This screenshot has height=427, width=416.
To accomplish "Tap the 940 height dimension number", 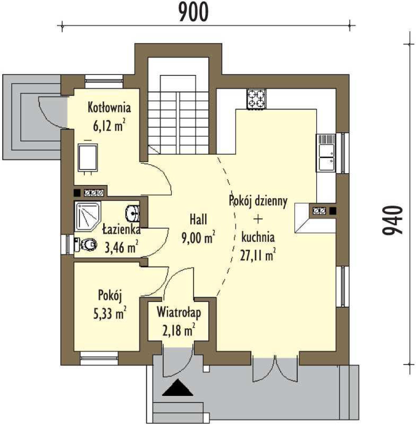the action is click(x=392, y=220).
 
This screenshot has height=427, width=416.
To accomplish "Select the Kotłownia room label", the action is click(x=109, y=107).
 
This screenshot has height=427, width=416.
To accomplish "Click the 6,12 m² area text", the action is click(x=109, y=126).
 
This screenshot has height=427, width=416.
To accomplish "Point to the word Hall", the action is click(x=198, y=219).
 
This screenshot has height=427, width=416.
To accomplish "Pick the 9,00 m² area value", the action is click(x=198, y=237).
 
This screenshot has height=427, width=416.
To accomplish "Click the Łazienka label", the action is click(x=122, y=229).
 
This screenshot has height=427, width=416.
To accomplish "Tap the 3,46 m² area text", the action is click(x=122, y=247).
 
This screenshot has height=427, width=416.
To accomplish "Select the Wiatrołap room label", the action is click(x=179, y=312).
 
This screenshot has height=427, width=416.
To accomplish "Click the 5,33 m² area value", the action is click(x=110, y=313).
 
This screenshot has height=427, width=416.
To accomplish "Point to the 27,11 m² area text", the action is click(x=257, y=255).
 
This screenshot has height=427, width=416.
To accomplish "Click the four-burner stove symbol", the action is click(x=256, y=99).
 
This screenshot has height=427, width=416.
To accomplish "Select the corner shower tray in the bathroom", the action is click(x=88, y=216).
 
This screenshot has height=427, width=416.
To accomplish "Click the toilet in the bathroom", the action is click(x=86, y=244).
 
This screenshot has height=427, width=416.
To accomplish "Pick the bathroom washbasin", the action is click(x=133, y=213).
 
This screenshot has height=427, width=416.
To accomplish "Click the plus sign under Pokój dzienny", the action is click(x=258, y=219).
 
